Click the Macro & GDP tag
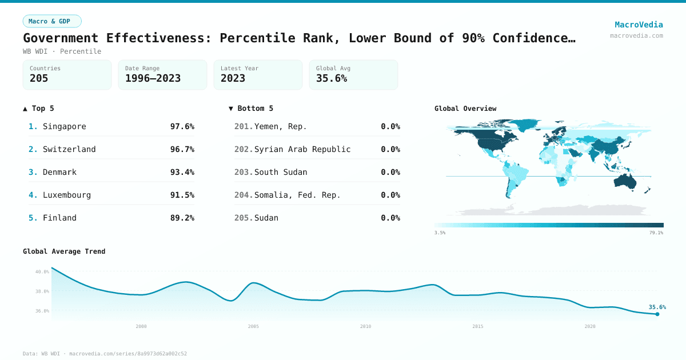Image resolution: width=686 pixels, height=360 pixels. (x=52, y=21)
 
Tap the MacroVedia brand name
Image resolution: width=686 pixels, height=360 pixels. (x=639, y=25)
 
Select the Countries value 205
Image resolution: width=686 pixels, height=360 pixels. (x=39, y=79)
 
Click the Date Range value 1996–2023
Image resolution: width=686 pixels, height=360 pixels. (x=153, y=79)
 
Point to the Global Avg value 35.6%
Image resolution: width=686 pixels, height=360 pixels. (x=332, y=79)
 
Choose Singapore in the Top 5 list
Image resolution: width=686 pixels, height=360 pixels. (x=64, y=126)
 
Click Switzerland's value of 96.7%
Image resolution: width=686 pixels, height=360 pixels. (x=182, y=149)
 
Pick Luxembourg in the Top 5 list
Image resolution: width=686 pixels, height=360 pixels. (x=66, y=195)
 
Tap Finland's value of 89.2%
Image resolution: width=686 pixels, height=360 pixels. (x=182, y=218)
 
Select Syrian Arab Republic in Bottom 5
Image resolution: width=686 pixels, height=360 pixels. (x=302, y=149)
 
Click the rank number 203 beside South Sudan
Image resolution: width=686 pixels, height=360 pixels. (x=243, y=172)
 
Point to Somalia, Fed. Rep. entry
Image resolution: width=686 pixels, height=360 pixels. (x=297, y=195)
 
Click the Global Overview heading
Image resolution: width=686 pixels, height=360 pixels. (x=465, y=109)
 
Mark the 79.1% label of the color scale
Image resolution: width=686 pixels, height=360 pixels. (x=656, y=233)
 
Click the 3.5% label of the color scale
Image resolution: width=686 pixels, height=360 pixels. (x=440, y=233)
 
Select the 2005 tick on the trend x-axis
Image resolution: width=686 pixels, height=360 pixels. (x=253, y=326)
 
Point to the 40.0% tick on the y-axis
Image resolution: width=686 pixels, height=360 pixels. (x=42, y=272)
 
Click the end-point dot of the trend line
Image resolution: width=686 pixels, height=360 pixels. (x=657, y=314)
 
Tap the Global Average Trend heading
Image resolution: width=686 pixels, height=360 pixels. (x=64, y=251)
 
